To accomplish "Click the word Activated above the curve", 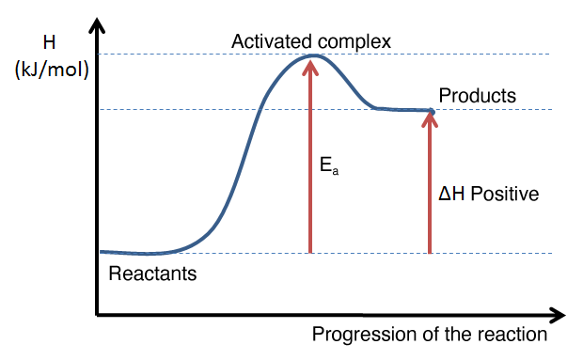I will [x=267, y=41].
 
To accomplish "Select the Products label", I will [x=478, y=96].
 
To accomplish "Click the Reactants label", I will [x=153, y=275].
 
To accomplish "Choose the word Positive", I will [x=504, y=195].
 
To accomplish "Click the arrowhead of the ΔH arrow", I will [x=430, y=118].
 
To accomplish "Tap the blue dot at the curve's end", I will [x=431, y=112].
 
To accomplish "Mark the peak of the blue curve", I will [x=312, y=55].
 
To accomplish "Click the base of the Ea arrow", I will [x=309, y=252].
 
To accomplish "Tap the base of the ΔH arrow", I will [x=430, y=252].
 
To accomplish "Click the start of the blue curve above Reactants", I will [x=102, y=252].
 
